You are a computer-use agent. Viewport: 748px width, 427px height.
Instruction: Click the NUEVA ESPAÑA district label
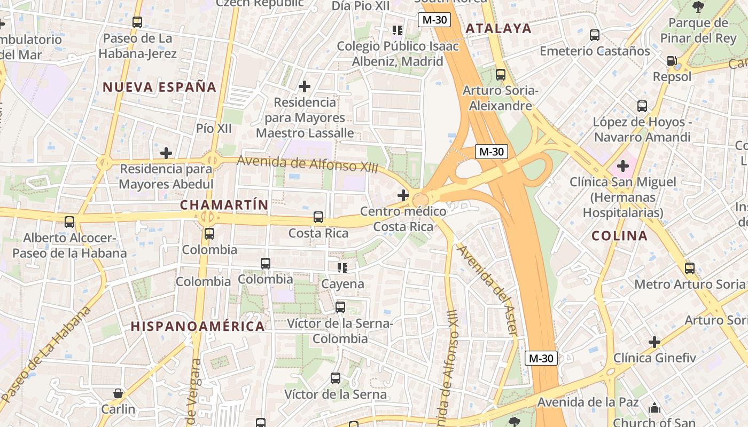[x=159, y=87]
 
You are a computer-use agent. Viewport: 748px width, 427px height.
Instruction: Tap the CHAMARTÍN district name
[x=224, y=205]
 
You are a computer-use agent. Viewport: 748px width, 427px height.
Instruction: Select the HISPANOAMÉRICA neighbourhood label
[x=198, y=326]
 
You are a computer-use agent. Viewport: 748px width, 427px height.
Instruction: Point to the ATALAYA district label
[x=498, y=28]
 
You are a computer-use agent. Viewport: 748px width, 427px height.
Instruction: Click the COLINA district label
[x=619, y=235]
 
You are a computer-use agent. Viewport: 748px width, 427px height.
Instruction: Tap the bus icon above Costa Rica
[x=318, y=217]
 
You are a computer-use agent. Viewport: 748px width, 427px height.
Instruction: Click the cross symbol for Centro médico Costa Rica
[x=403, y=195]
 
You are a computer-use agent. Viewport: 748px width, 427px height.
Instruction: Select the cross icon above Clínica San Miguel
[x=622, y=166]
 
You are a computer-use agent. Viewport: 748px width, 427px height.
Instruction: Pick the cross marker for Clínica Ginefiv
[x=654, y=342]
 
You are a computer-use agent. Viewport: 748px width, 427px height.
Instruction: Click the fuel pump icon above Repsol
[x=672, y=61]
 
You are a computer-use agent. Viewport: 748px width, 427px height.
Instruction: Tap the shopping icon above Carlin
[x=118, y=393]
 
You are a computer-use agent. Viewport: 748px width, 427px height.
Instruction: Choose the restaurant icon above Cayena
[x=342, y=268]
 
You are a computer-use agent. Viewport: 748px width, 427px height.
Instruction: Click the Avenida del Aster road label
[x=487, y=290]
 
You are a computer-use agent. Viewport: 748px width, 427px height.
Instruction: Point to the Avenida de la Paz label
[x=588, y=402]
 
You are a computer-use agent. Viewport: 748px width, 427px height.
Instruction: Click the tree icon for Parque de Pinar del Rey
[x=698, y=7]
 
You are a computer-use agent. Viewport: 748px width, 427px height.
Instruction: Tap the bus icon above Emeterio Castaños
[x=595, y=35]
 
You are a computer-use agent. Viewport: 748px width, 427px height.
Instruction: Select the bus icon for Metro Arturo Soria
[x=690, y=268]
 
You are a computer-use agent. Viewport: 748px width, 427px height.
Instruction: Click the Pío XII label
[x=214, y=129]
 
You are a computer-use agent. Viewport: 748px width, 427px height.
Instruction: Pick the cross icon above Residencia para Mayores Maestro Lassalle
[x=305, y=86]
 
